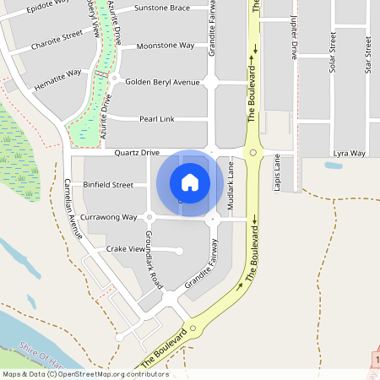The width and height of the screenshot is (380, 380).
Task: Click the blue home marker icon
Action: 190,182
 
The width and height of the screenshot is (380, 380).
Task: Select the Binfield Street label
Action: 108,184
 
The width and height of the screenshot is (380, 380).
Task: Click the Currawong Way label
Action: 111,217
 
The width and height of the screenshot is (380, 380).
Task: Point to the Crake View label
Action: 126,249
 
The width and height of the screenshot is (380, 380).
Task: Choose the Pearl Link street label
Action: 156,120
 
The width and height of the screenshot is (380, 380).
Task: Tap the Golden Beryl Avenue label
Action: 162,82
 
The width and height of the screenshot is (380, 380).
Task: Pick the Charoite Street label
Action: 57,41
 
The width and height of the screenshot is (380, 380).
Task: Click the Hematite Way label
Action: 57,79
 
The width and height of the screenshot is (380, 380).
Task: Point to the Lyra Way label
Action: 349,154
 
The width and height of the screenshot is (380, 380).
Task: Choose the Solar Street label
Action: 334,54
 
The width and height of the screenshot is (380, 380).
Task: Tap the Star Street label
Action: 368,54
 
